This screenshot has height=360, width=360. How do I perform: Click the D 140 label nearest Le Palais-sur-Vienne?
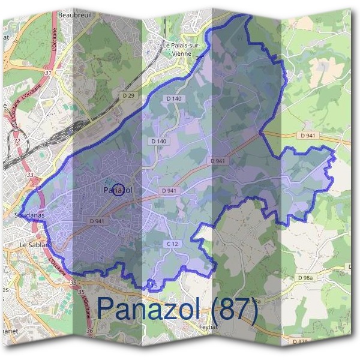[x=173, y=98]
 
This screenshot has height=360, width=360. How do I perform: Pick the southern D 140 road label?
[x=159, y=141]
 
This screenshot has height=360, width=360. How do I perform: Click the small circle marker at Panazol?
[x=119, y=190]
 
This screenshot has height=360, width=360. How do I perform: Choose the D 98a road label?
[x=307, y=278]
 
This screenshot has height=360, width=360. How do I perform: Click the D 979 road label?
[x=300, y=341]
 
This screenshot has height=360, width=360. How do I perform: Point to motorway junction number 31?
[x=47, y=73]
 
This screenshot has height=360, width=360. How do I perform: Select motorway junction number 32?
[x=17, y=142]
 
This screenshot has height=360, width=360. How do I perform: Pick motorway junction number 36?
[x=89, y=331]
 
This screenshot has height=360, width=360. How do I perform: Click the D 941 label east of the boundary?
[x=307, y=136]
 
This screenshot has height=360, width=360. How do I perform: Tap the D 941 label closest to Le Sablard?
[x=97, y=221]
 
